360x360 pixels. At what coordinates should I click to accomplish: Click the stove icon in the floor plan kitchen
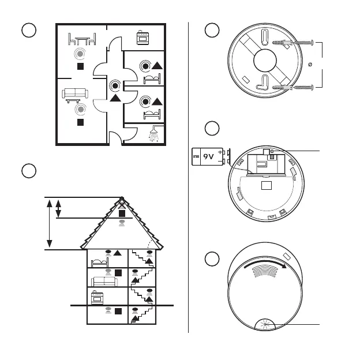click(x=143, y=37)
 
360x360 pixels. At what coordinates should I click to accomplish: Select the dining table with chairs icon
click(x=82, y=39)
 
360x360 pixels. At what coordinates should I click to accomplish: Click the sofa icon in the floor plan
click(x=75, y=93)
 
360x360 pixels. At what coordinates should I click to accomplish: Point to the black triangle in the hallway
click(x=115, y=98)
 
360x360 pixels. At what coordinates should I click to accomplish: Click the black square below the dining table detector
click(x=80, y=66)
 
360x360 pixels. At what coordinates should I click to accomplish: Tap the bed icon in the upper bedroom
click(x=152, y=78)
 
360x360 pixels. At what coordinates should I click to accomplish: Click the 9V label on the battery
click(x=208, y=156)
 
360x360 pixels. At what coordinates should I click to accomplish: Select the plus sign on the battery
click(x=220, y=152)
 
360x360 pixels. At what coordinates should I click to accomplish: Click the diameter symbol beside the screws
click(x=310, y=65)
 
